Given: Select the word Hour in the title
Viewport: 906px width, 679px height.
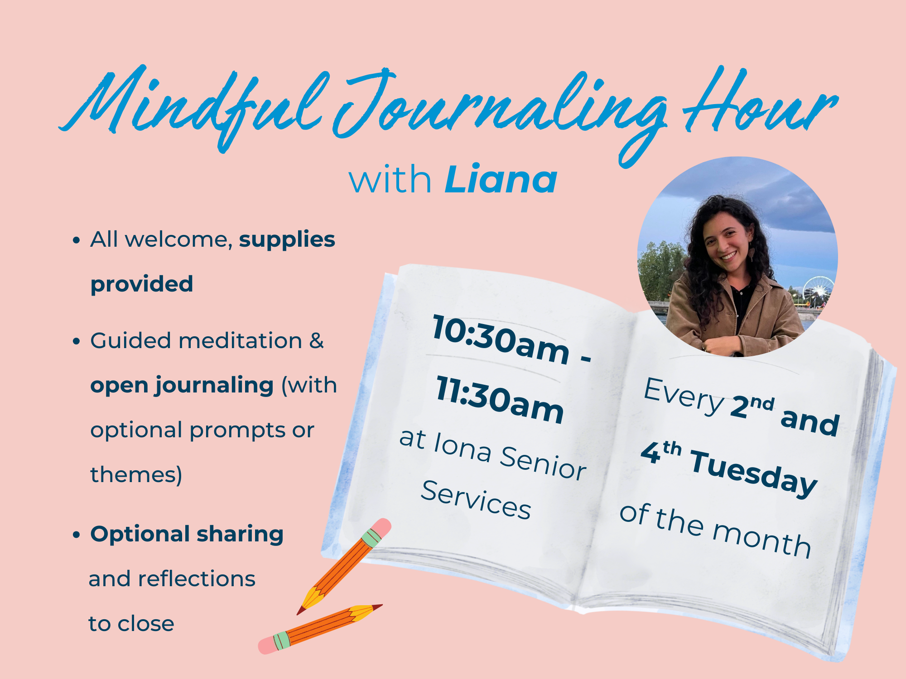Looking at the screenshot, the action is tap(761, 102).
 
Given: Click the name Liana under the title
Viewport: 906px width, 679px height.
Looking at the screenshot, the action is tap(501, 179).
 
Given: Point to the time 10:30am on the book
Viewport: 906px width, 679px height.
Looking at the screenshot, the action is tap(501, 339).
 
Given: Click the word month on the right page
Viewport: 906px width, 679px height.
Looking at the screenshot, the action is tap(761, 541).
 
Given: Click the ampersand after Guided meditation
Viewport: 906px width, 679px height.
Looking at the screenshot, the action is tap(316, 340).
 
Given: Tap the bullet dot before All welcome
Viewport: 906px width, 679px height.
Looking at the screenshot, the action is tap(76, 240).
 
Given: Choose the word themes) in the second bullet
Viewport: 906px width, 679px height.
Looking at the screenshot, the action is tap(136, 474).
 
